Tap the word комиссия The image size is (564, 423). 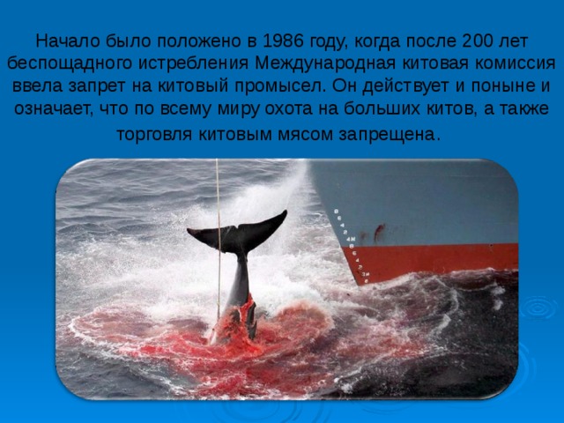click(x=516, y=63)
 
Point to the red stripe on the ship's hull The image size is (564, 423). click(x=441, y=259)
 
